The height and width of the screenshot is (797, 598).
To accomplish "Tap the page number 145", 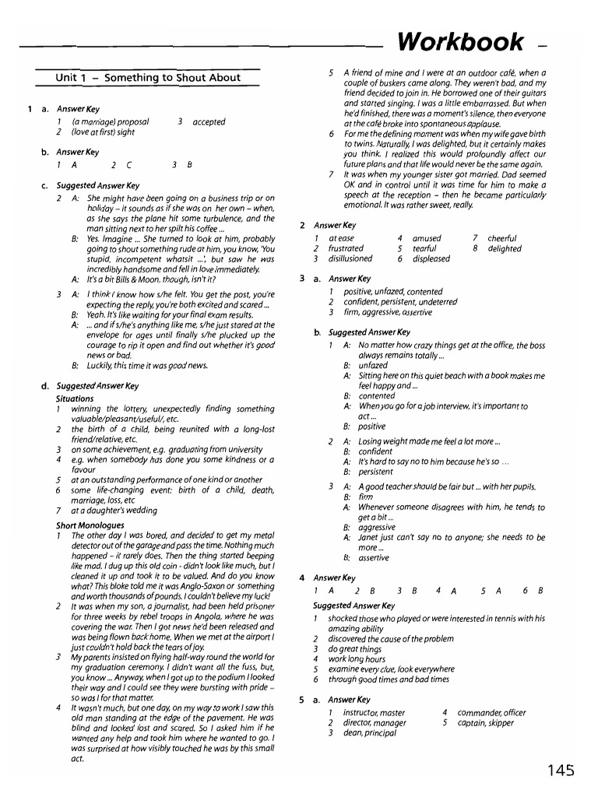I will (560, 770).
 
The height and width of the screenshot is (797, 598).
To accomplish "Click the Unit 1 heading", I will (148, 77).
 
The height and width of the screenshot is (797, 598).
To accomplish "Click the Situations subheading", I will (75, 398).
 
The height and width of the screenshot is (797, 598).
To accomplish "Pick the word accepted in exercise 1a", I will (209, 122).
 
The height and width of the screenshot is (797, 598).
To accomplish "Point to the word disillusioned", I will (350, 259).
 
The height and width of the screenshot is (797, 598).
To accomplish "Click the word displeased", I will (431, 259).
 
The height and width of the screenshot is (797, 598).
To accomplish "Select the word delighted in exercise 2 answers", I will (504, 249).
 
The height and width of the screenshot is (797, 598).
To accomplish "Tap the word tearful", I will (424, 249).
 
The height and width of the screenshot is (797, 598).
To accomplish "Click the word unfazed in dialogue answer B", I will (373, 365).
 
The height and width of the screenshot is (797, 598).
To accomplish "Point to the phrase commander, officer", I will (494, 712).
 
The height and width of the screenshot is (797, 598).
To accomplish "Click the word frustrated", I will (346, 249).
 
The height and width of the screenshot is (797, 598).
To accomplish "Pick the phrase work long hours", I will (357, 658).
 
